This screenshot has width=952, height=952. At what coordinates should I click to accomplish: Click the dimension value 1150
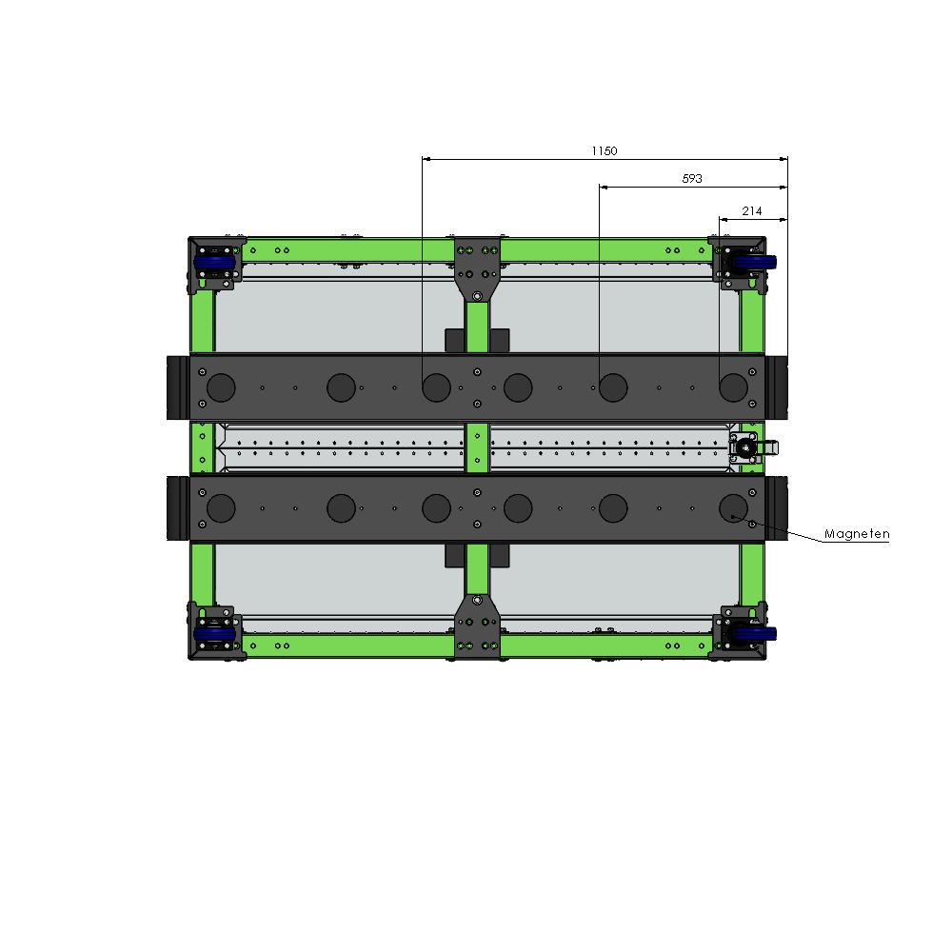[605, 150]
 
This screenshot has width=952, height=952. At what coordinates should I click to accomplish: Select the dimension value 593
[691, 179]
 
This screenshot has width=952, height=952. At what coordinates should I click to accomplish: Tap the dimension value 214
[752, 210]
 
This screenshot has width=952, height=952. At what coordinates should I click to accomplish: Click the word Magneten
[857, 534]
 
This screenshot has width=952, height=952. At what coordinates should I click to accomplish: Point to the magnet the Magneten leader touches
[733, 508]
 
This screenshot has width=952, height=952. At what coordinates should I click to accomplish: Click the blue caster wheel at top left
[214, 263]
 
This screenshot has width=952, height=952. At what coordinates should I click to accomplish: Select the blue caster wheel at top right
[752, 263]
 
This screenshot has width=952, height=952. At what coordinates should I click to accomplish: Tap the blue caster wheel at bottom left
[214, 634]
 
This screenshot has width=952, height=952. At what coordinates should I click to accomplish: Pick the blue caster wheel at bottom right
[752, 634]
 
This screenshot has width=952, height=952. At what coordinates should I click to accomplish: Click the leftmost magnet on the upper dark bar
[221, 387]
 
